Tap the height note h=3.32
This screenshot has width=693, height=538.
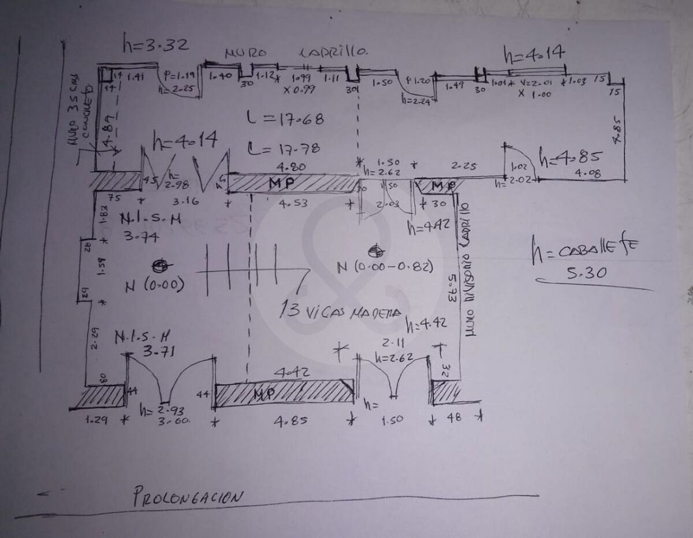[x=155, y=43]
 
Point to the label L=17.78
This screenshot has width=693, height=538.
[x=283, y=148]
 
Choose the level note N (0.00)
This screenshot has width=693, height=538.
[x=155, y=285]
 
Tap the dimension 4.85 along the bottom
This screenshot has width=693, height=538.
[x=287, y=421]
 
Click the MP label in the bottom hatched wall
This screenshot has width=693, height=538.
[x=264, y=393]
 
